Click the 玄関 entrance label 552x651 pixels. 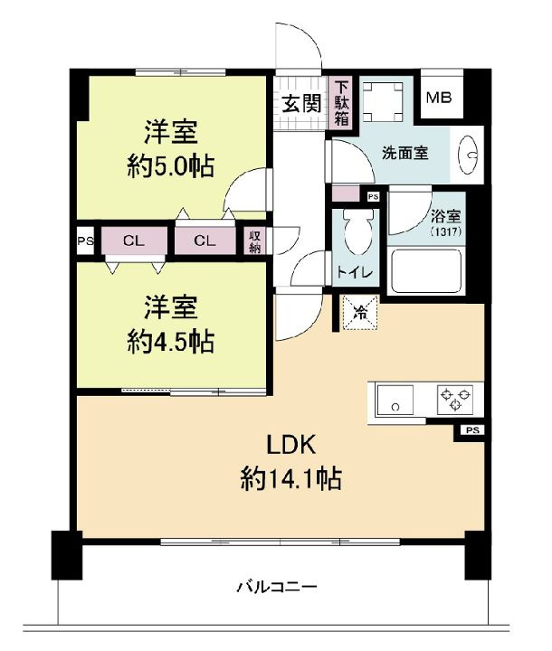(x=299, y=102)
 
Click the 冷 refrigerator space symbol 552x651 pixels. (x=360, y=314)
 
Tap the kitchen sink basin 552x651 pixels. (x=395, y=398)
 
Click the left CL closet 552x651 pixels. (x=133, y=241)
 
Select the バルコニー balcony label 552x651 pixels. (x=277, y=587)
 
